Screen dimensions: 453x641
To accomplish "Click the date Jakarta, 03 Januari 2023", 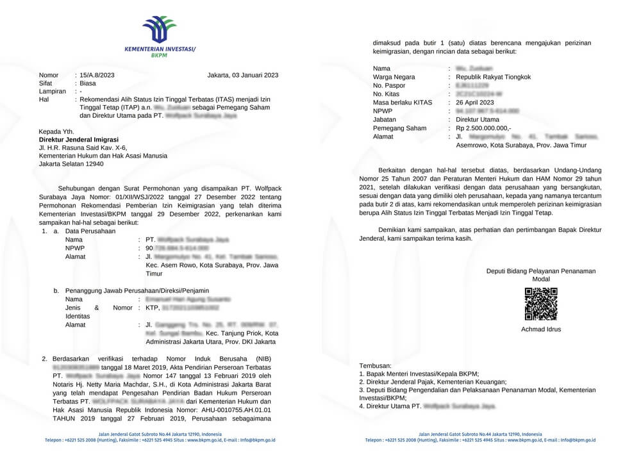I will pyautogui.click(x=243, y=75).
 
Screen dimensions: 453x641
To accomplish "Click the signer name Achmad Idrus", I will pyautogui.click(x=541, y=329).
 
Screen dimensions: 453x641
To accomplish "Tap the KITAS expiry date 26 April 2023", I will pyautogui.click(x=475, y=103).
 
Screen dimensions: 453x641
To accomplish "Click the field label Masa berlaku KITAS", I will pyautogui.click(x=402, y=103).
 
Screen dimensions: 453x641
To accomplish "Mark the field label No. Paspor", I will pyautogui.click(x=390, y=85).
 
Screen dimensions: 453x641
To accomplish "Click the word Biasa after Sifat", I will pyautogui.click(x=88, y=83).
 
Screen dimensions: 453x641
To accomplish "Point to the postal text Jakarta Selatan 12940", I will pyautogui.click(x=71, y=163).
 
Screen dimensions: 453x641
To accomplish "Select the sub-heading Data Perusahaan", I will pyautogui.click(x=91, y=231).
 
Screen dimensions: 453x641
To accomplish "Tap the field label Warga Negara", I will pyautogui.click(x=394, y=77).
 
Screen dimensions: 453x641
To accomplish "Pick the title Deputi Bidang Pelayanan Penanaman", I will pyautogui.click(x=540, y=271).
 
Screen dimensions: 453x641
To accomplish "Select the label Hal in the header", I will pyautogui.click(x=44, y=99).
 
